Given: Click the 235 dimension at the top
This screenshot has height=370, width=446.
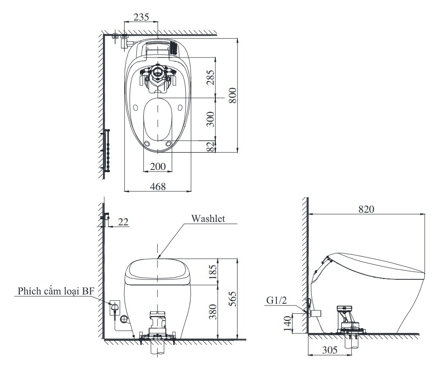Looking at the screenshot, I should point(141,17).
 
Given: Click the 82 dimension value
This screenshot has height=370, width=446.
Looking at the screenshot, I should point(210,146).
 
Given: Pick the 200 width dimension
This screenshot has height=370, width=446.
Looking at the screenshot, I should point(157,166).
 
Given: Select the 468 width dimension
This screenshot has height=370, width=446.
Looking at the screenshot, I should point(157,186).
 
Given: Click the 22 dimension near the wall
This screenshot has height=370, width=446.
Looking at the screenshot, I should point(123,222).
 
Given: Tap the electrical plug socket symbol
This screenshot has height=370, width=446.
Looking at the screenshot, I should point(114,307).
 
